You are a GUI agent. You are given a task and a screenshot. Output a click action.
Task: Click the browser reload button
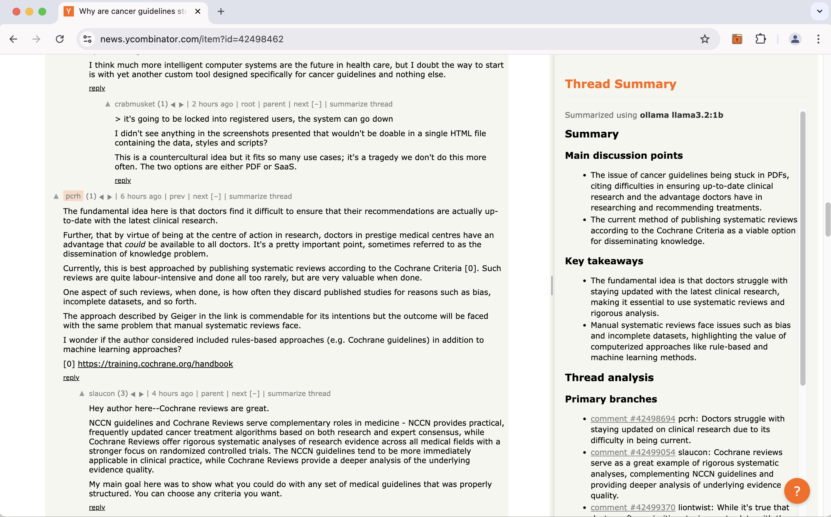click(x=60, y=39)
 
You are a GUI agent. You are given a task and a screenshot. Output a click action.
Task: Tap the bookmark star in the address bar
click(x=705, y=39)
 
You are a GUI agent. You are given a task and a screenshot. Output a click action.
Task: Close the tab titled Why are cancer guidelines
click(x=197, y=11)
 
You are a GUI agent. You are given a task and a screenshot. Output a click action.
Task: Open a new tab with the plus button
click(x=221, y=11)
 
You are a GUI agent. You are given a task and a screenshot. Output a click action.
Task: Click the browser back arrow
click(x=13, y=39)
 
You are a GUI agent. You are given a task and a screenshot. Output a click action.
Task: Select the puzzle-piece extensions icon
click(x=761, y=39)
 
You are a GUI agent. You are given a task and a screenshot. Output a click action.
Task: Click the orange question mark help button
click(x=796, y=491)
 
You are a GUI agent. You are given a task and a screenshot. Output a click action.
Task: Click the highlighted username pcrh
click(x=73, y=196)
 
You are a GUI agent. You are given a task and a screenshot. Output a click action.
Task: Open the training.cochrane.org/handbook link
click(x=155, y=364)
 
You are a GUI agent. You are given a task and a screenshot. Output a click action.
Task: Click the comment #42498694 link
click(x=633, y=419)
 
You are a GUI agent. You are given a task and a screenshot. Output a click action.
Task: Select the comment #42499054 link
click(x=633, y=452)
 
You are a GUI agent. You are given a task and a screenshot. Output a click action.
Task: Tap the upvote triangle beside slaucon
click(x=82, y=394)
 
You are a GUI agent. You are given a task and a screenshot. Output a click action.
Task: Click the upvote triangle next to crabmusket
click(x=108, y=104)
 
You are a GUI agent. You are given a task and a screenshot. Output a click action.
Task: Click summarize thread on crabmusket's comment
click(x=361, y=104)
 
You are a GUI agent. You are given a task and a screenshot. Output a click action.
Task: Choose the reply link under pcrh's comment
click(x=71, y=378)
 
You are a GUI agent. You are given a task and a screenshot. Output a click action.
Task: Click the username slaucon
click(x=102, y=394)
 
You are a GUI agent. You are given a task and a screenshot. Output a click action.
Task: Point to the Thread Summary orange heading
click(x=621, y=84)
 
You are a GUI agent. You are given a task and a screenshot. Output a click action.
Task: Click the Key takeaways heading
click(x=604, y=261)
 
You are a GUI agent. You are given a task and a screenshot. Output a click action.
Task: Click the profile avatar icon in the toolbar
click(x=795, y=39)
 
